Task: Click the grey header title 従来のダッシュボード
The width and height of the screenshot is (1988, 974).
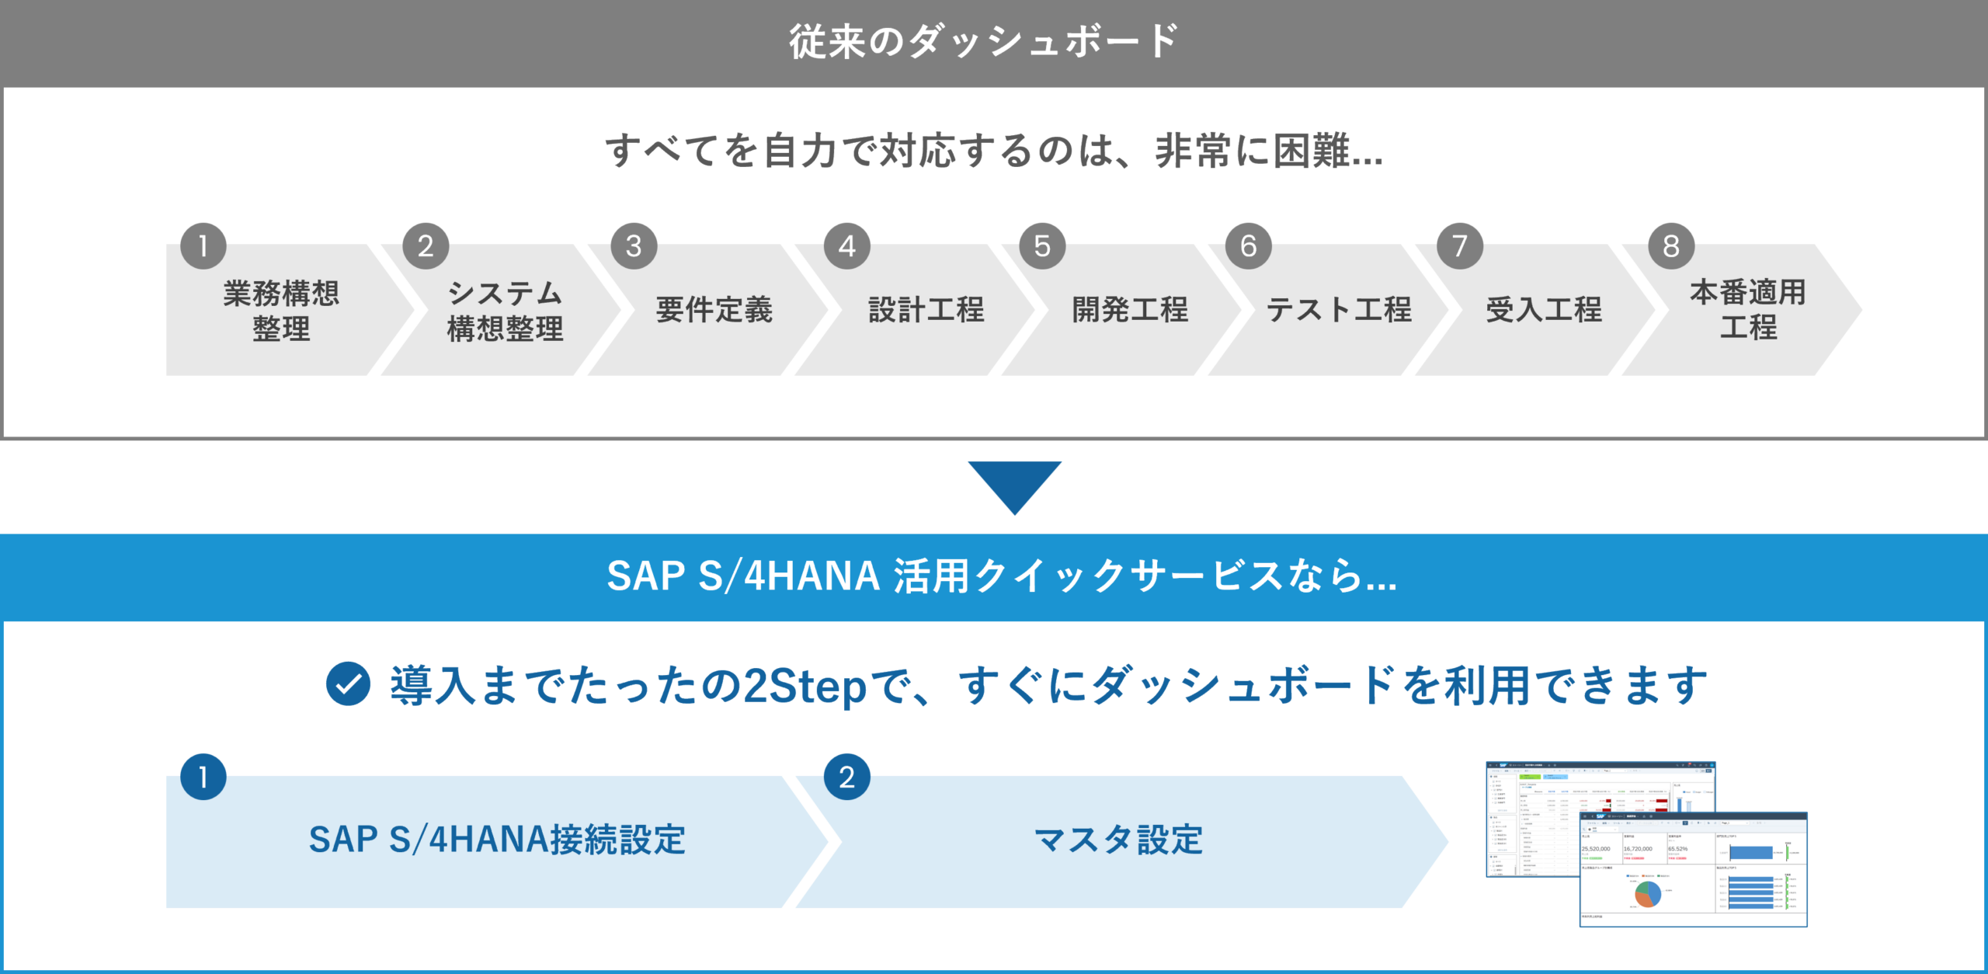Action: pyautogui.click(x=984, y=41)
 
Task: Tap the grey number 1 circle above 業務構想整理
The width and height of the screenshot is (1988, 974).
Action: pyautogui.click(x=203, y=246)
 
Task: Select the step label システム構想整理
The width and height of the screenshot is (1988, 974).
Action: pyautogui.click(x=505, y=311)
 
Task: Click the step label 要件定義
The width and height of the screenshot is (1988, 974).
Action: pyautogui.click(x=714, y=310)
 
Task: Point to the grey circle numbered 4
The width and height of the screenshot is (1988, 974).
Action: pyautogui.click(x=847, y=246)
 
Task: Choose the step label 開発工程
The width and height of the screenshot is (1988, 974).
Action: pyautogui.click(x=1130, y=310)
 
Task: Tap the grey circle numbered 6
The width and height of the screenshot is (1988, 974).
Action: pyautogui.click(x=1249, y=246)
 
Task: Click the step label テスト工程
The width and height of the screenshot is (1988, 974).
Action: pyautogui.click(x=1339, y=310)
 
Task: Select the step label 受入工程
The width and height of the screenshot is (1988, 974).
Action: pyautogui.click(x=1544, y=310)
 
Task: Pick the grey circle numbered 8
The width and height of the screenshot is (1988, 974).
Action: pyautogui.click(x=1671, y=246)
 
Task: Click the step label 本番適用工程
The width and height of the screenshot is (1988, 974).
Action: pyautogui.click(x=1748, y=309)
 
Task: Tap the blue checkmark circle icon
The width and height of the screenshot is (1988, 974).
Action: pyautogui.click(x=348, y=684)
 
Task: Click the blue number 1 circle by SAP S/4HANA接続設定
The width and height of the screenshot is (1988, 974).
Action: pyautogui.click(x=203, y=777)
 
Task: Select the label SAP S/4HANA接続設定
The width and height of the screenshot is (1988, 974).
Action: pyautogui.click(x=497, y=840)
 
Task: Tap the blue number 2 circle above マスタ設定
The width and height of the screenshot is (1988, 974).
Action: pyautogui.click(x=847, y=777)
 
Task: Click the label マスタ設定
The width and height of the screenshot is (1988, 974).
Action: pyautogui.click(x=1118, y=840)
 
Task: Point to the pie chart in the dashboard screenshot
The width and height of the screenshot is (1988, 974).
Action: pyautogui.click(x=1647, y=894)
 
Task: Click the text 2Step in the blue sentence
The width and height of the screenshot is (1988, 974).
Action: pyautogui.click(x=805, y=687)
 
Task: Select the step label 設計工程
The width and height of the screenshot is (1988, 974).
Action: pyautogui.click(x=926, y=310)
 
